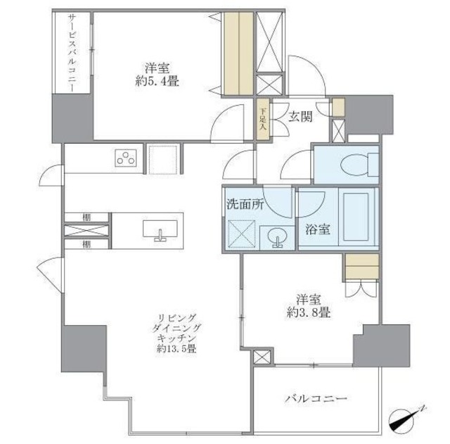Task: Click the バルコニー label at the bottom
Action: pos(316,399)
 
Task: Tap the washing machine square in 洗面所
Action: pos(240,232)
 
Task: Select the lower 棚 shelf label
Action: pos(85,244)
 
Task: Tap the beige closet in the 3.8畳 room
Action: pos(362,267)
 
